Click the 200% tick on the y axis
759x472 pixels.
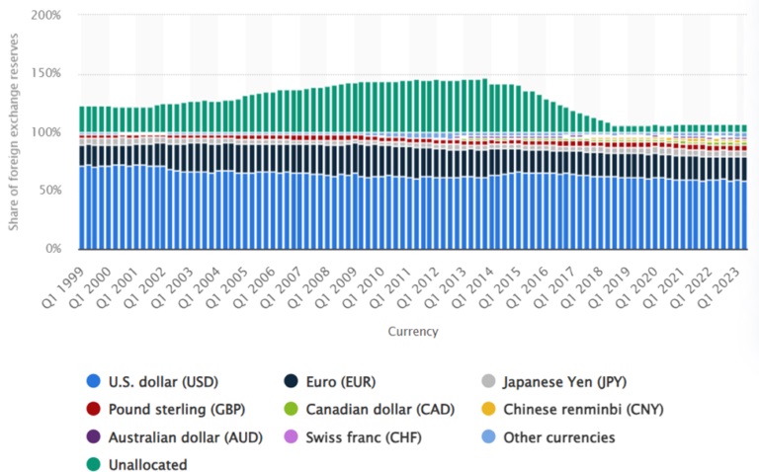click(45, 17)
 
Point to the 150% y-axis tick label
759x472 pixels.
click(45, 74)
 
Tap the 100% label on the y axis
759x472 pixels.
click(45, 132)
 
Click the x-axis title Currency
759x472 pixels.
click(413, 332)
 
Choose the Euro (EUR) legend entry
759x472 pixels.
click(333, 381)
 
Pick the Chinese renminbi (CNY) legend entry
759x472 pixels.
click(573, 409)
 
